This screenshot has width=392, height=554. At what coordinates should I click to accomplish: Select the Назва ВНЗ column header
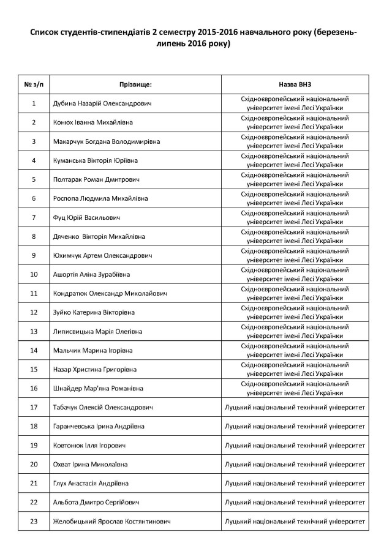[x=295, y=84]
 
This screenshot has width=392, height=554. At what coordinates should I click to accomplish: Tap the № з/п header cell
[x=33, y=84]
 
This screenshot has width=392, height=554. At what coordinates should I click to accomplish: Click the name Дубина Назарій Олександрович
[x=102, y=103]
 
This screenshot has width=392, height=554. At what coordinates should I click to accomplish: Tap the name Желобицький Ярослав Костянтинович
[x=112, y=521]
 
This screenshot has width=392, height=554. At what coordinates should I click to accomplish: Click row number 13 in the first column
[x=34, y=331]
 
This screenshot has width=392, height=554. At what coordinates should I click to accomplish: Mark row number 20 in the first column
[x=34, y=464]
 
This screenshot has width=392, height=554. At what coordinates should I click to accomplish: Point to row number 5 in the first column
[x=34, y=179]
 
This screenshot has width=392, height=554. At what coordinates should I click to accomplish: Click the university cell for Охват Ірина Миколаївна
[x=295, y=464]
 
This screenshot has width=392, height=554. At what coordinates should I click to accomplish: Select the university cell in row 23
[x=295, y=521]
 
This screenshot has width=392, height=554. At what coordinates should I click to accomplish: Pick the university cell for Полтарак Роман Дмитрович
[x=295, y=179]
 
